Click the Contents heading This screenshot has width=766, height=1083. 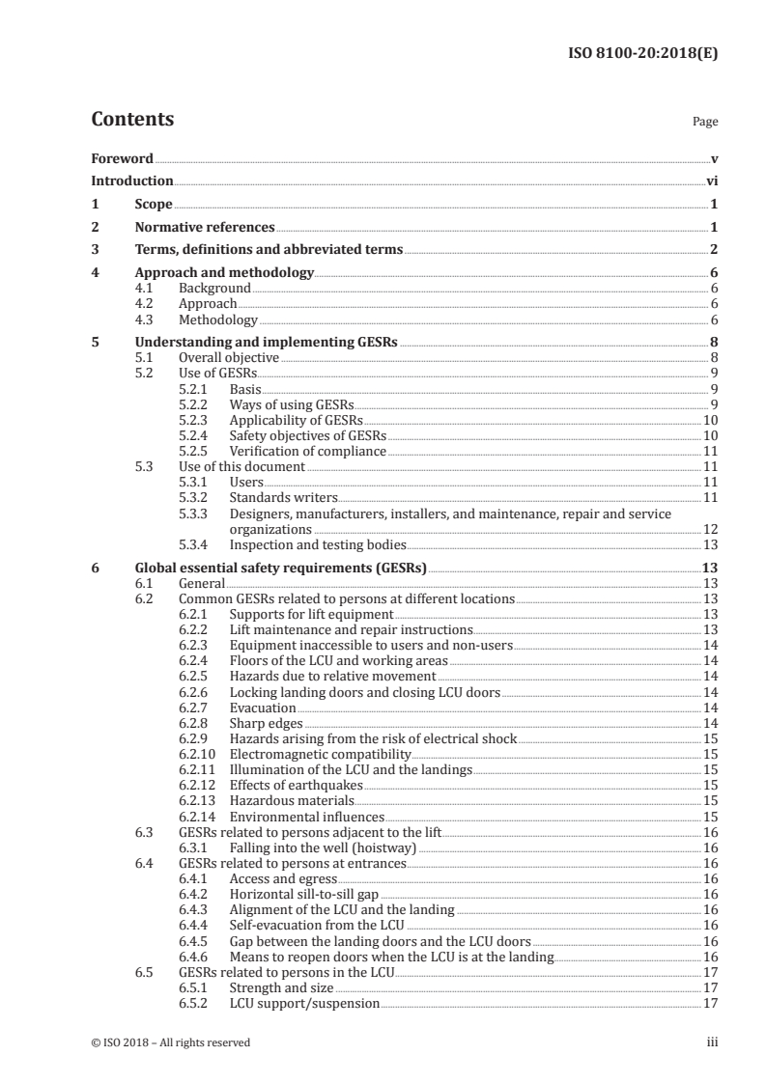point(132,121)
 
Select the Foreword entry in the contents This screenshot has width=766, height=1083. point(122,158)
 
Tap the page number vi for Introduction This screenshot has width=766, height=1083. point(711,180)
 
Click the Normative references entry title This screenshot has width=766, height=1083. point(205,228)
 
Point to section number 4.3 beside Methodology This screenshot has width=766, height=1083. point(146,320)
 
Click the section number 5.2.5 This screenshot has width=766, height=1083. point(196,451)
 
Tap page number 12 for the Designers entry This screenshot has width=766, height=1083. point(709,529)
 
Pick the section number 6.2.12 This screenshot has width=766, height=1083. point(199,785)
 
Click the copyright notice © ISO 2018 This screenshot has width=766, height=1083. point(170,1041)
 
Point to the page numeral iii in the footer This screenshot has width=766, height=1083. point(713,1041)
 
